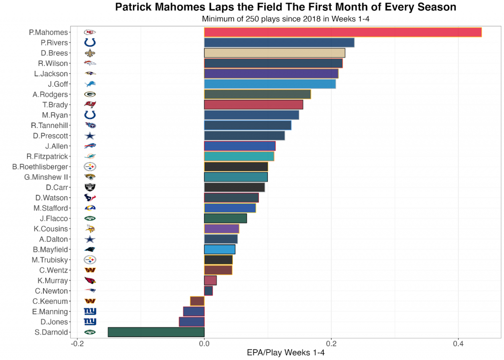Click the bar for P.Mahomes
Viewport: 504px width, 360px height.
pyautogui.click(x=343, y=32)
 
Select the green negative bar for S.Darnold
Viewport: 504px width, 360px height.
pyautogui.click(x=156, y=332)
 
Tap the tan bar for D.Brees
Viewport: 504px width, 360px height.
pyautogui.click(x=275, y=53)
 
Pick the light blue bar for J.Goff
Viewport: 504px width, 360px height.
pyautogui.click(x=270, y=84)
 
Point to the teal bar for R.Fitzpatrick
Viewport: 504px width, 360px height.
pyautogui.click(x=239, y=156)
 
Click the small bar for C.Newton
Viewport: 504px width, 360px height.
pyautogui.click(x=208, y=291)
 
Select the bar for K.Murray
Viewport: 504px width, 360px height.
pyautogui.click(x=210, y=280)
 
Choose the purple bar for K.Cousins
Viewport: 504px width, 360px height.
pyautogui.click(x=221, y=229)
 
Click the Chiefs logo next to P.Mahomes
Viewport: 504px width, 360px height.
pyautogui.click(x=90, y=32)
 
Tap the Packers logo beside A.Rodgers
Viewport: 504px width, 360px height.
pyautogui.click(x=90, y=94)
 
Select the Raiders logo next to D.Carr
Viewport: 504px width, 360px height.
pyautogui.click(x=90, y=187)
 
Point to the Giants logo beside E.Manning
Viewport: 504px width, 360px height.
pyautogui.click(x=90, y=311)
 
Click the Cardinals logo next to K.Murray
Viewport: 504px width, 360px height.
pyautogui.click(x=90, y=280)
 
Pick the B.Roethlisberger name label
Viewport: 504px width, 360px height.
pyautogui.click(x=40, y=167)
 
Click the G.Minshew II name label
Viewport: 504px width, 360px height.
pyautogui.click(x=46, y=177)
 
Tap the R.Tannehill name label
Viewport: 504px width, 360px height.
pyautogui.click(x=50, y=125)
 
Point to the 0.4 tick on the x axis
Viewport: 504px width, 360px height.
pyautogui.click(x=458, y=344)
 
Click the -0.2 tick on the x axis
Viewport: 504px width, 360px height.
pyautogui.click(x=76, y=344)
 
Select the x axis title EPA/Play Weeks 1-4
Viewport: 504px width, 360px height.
pyautogui.click(x=285, y=353)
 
